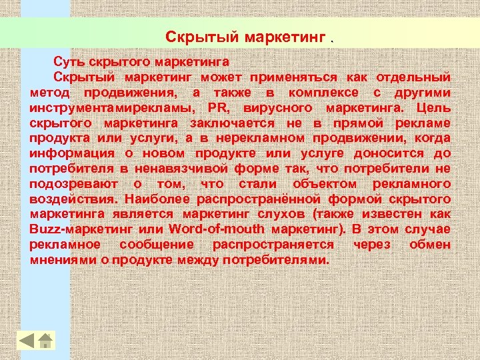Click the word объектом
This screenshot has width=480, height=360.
coord(322,185)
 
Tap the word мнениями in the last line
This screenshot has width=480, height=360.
coord(59,260)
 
